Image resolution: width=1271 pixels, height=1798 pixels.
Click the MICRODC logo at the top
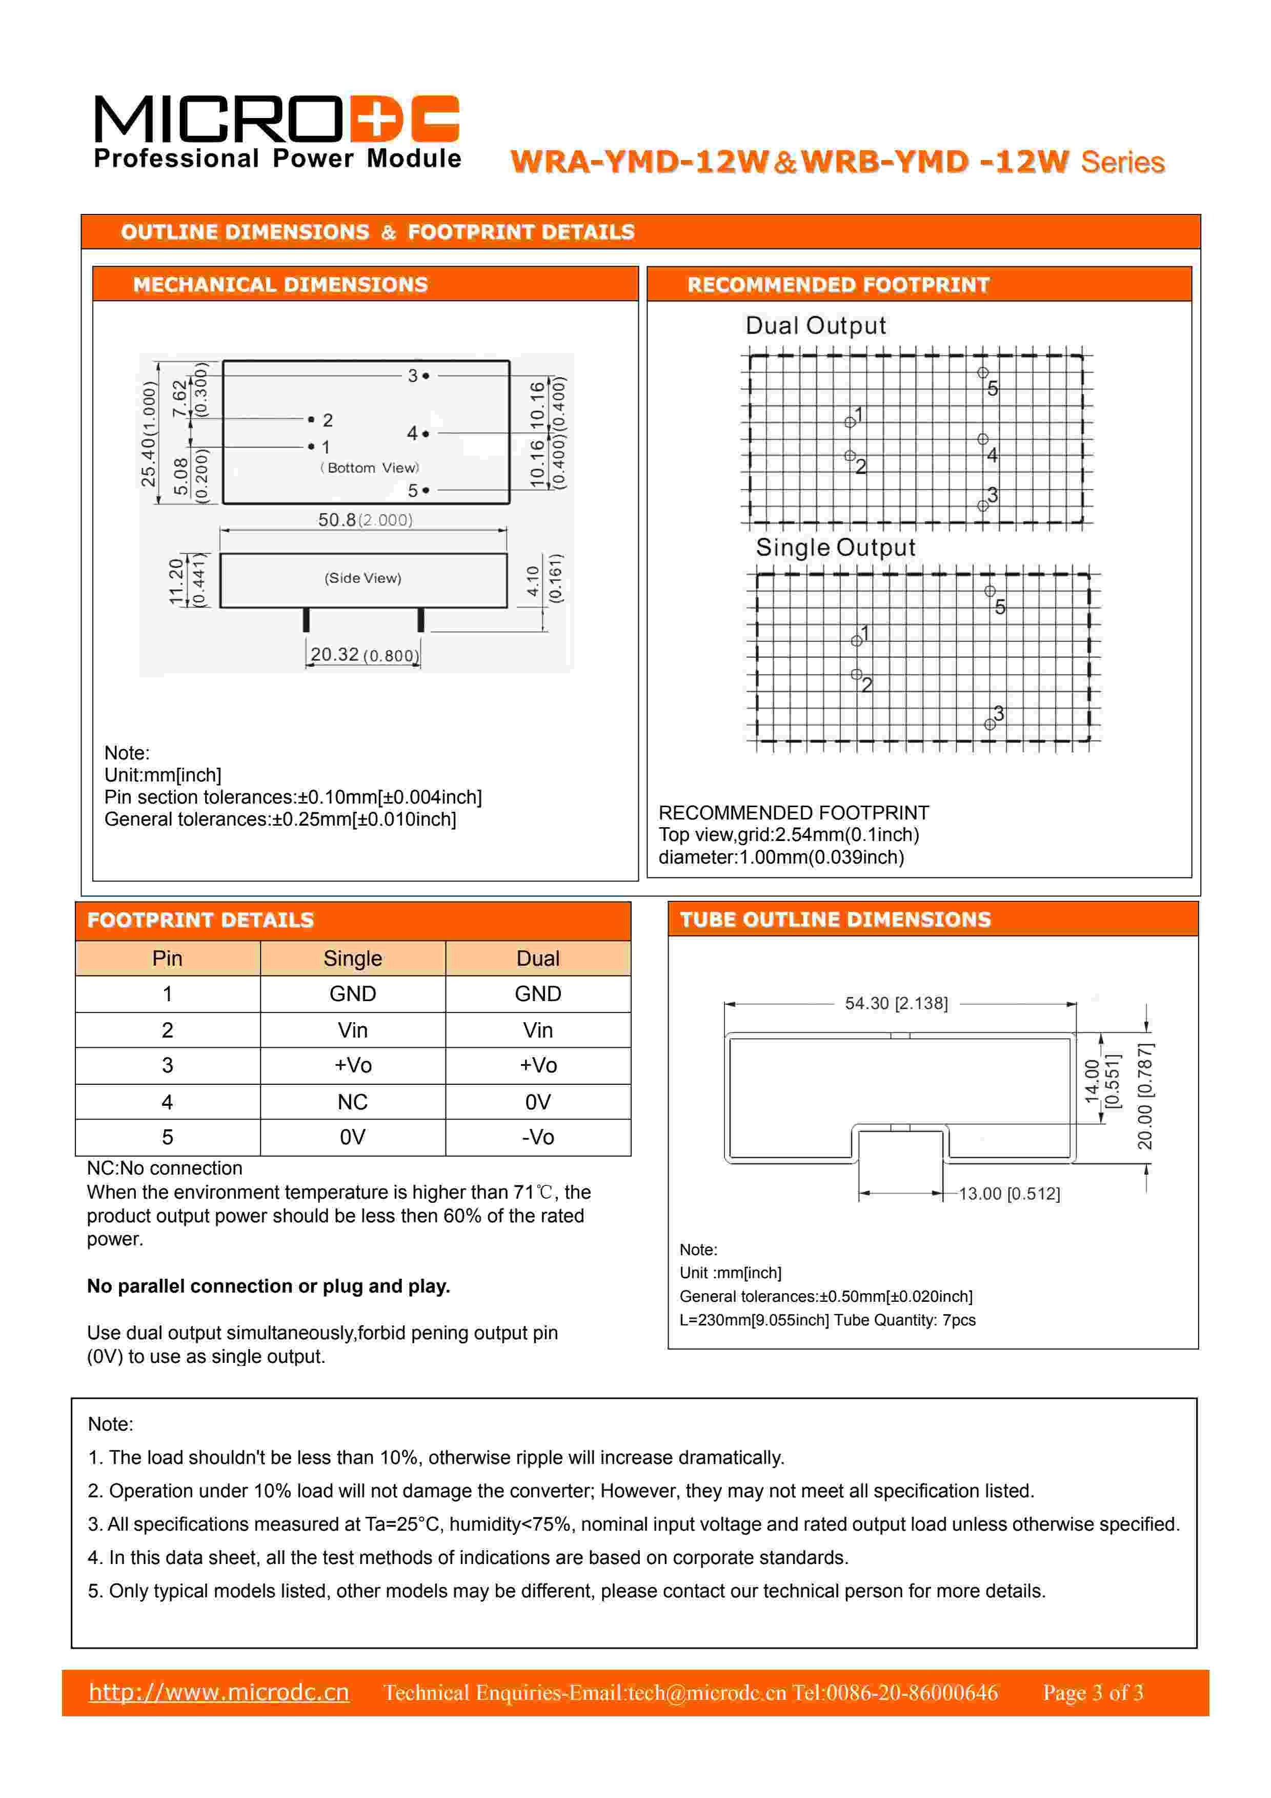coord(276,131)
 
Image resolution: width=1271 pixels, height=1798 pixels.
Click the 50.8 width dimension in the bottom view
coord(364,520)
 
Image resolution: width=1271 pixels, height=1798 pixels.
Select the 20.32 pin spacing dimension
coord(364,655)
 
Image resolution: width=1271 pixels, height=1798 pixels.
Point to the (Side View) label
coord(362,578)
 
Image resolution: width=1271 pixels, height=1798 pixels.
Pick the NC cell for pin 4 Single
coord(352,1102)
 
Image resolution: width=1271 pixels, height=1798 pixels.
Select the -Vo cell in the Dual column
coord(538,1137)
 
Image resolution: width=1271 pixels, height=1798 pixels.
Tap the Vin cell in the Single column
coord(352,1030)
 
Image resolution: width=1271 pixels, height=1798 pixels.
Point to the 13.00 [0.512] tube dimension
coord(1009,1194)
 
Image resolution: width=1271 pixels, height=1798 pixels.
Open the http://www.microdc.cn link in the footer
coord(219,1692)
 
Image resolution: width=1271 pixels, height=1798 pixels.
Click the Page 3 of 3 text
coord(1093,1693)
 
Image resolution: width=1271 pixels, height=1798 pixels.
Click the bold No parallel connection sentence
coord(269,1286)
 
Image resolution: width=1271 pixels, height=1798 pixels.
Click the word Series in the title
coord(1122,162)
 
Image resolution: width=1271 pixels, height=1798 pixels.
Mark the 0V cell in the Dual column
coord(538,1102)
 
